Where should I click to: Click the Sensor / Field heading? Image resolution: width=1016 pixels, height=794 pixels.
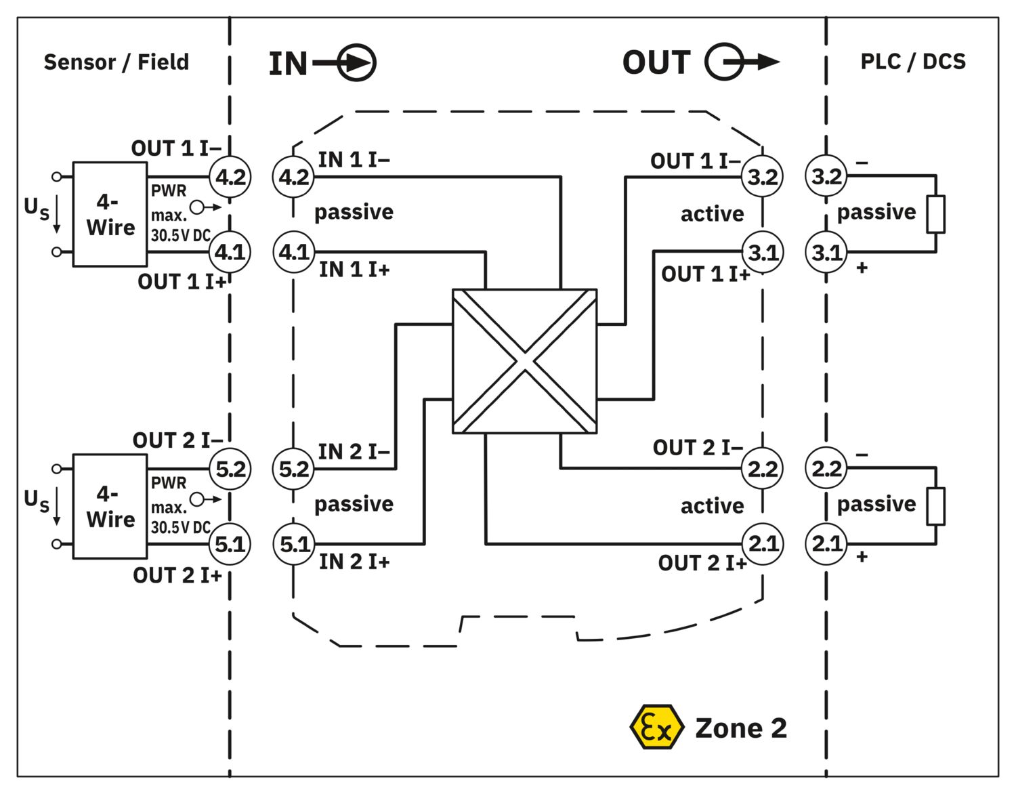point(116,62)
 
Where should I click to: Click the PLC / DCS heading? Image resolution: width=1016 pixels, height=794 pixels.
point(912,62)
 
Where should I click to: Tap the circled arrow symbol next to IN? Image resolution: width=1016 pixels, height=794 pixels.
point(356,63)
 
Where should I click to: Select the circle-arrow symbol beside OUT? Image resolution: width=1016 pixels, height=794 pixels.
point(725,62)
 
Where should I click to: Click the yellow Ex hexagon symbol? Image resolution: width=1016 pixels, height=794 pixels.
point(655,727)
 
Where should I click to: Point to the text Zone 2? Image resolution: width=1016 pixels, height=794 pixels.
point(741,728)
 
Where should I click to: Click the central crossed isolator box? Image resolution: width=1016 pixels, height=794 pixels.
point(524,361)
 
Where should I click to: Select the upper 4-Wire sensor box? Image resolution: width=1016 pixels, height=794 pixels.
point(110,214)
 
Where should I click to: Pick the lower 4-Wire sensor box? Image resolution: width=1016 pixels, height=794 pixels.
point(110,506)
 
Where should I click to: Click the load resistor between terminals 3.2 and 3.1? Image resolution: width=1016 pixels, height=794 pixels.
point(935,214)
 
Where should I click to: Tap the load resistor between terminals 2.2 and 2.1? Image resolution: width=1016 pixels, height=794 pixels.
point(935,506)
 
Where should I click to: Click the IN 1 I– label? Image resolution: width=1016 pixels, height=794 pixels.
point(354,160)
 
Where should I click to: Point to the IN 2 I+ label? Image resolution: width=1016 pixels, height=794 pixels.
point(354,562)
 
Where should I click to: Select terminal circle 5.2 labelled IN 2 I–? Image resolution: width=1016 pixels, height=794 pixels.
point(294,469)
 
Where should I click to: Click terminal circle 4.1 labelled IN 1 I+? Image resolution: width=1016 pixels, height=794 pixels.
point(294,252)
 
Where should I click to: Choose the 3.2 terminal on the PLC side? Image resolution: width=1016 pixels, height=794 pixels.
point(826,177)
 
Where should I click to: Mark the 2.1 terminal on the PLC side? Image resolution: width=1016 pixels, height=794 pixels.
point(826,543)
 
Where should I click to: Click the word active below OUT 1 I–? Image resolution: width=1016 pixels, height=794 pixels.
point(712,214)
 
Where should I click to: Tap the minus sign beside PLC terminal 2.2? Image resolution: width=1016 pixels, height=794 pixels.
point(862,455)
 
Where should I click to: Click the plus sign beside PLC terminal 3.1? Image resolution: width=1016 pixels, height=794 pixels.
point(862,268)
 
